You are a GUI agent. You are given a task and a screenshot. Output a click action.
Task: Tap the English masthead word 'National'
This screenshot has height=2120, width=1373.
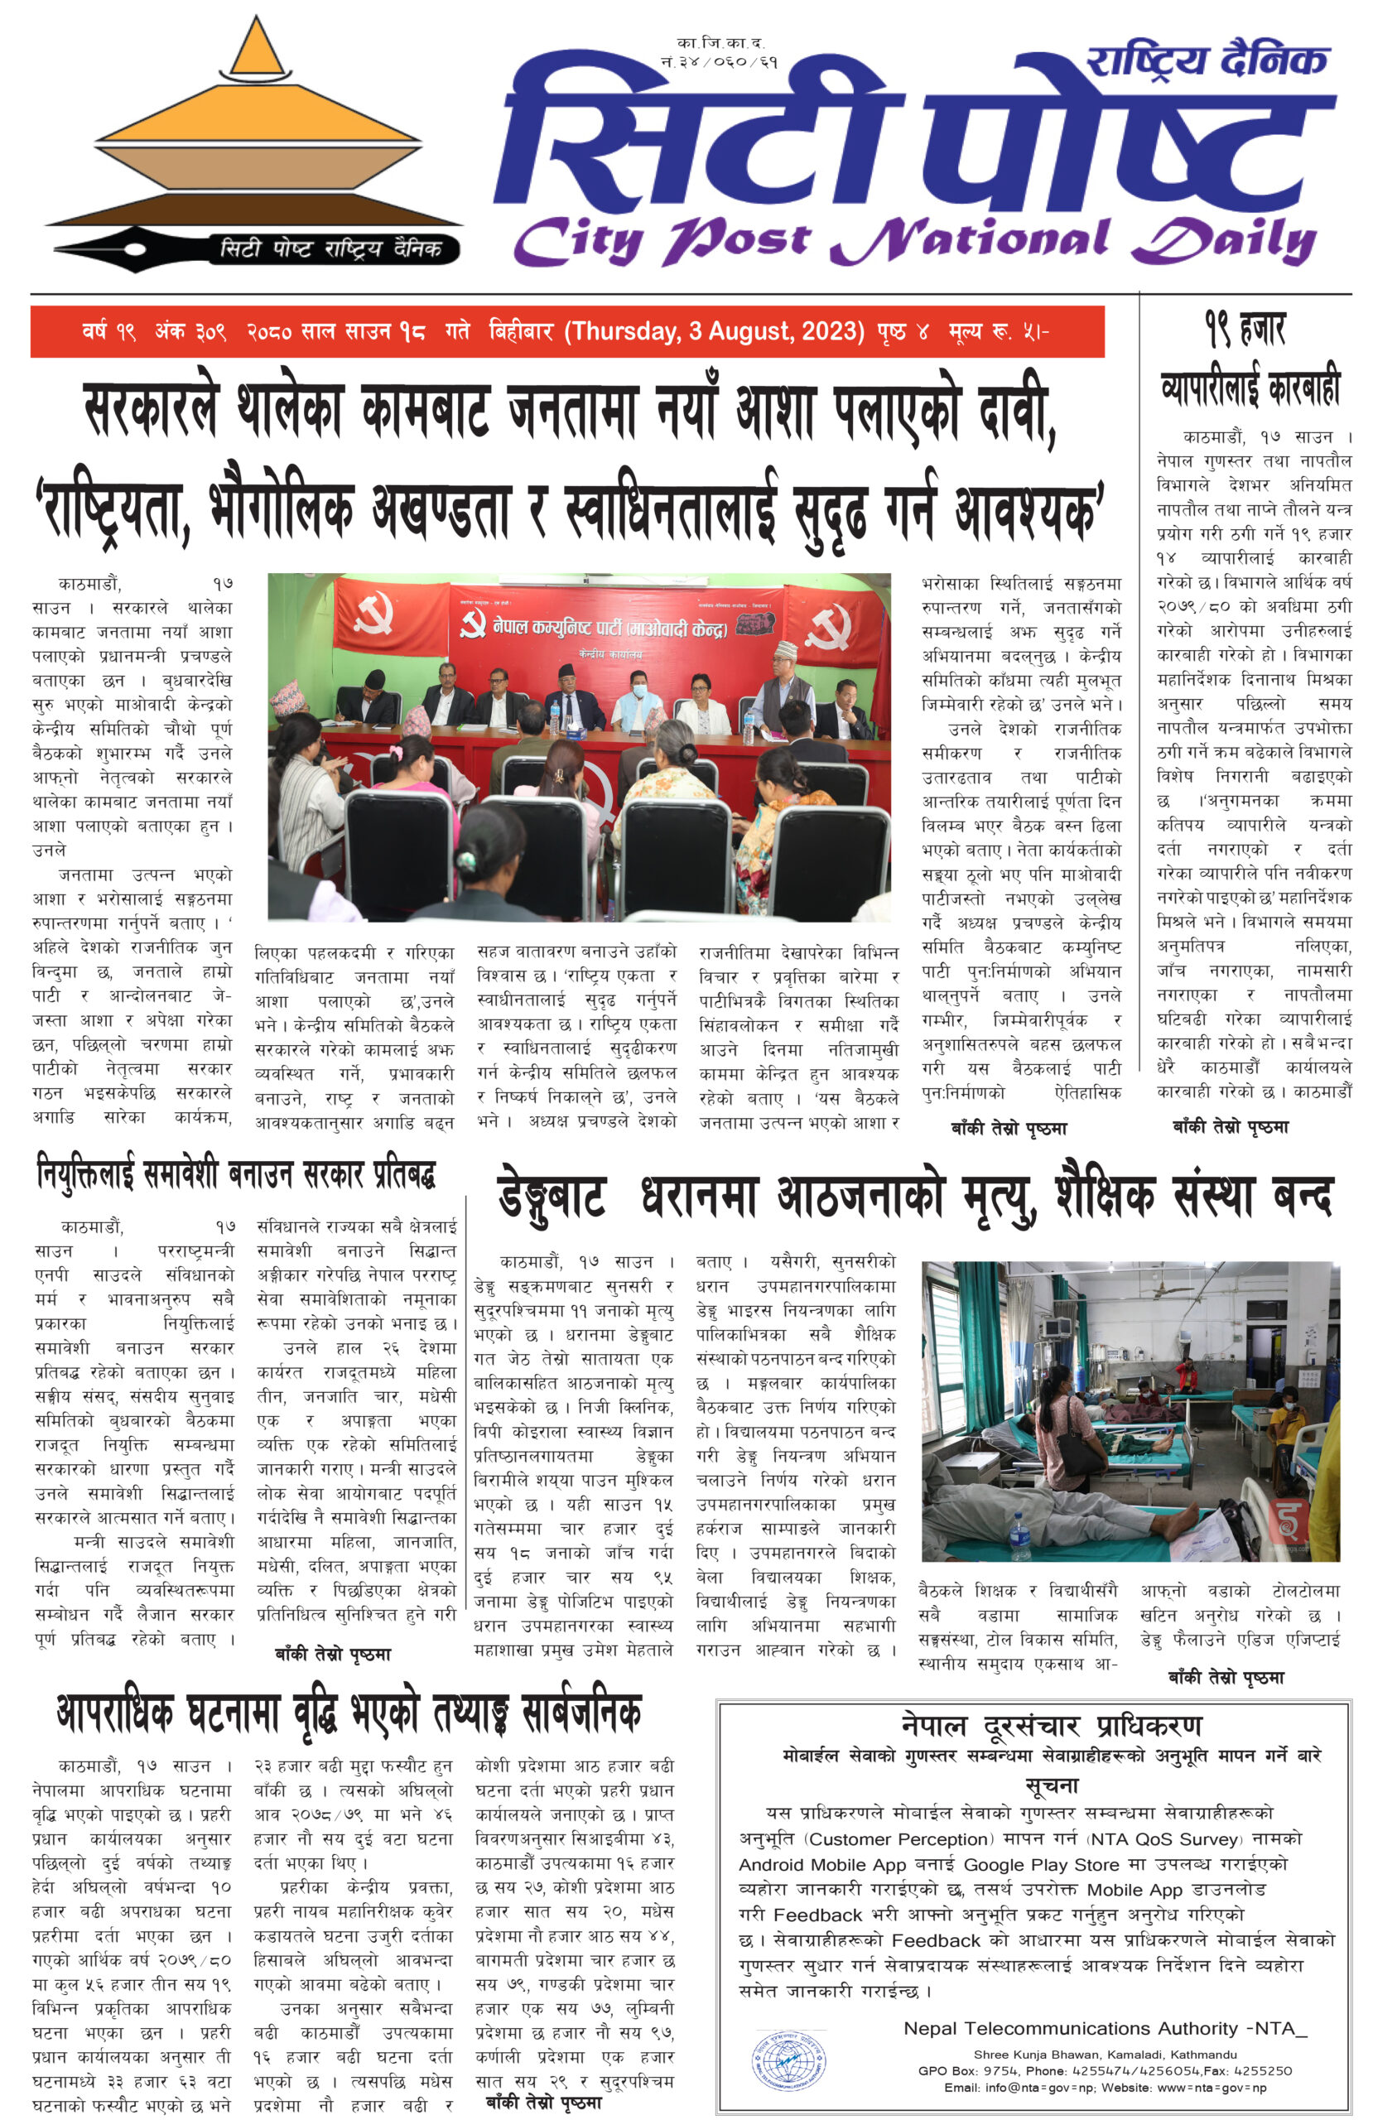(970, 241)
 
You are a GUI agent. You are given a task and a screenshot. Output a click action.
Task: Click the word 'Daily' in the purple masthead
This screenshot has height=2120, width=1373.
(1225, 241)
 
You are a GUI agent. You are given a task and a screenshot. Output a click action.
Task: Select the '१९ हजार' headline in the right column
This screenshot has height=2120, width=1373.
(1245, 329)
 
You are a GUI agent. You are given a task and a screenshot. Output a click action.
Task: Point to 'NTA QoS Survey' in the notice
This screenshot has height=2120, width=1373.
(1165, 1838)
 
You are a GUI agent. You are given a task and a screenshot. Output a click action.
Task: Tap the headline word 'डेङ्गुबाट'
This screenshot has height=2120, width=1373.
(553, 1197)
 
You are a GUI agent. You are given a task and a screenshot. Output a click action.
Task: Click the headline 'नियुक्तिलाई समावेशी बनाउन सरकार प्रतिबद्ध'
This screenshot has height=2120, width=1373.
(236, 1175)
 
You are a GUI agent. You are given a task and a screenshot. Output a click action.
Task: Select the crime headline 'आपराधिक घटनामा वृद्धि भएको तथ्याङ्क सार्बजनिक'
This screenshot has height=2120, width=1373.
(349, 1712)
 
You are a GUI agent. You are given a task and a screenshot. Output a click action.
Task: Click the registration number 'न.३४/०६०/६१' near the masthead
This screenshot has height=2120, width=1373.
(720, 62)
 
